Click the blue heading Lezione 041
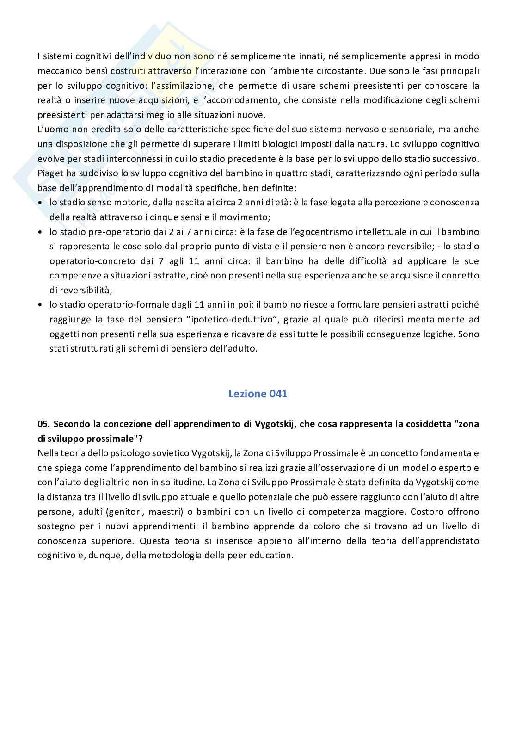tap(258, 394)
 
